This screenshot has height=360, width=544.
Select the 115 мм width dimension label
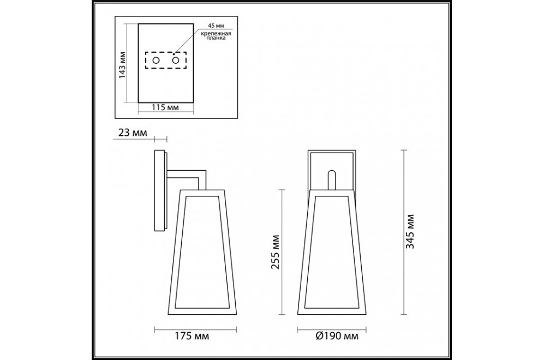tap(165, 107)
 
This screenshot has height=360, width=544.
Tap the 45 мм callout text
tap(216, 26)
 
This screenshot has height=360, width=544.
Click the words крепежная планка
tap(216, 35)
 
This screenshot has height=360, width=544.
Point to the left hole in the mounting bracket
tap(156, 61)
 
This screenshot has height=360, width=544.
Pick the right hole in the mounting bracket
tap(176, 61)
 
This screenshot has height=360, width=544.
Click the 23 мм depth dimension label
tap(133, 133)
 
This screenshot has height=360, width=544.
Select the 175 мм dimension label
tap(192, 336)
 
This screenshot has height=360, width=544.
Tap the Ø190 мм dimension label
tap(337, 336)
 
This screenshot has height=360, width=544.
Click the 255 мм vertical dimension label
tap(275, 252)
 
